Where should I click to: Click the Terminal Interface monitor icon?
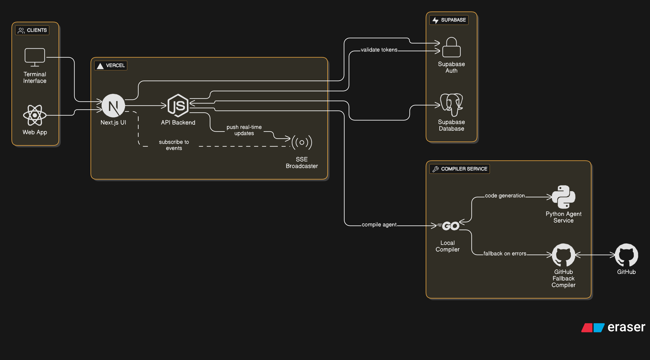[x=35, y=57]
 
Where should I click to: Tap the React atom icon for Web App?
[x=35, y=115]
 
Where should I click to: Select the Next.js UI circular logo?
[x=113, y=106]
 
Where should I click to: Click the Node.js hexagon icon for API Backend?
[x=178, y=106]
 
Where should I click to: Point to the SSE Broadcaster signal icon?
[x=302, y=142]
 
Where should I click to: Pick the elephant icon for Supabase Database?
[x=451, y=105]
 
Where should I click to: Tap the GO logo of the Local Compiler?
[x=450, y=226]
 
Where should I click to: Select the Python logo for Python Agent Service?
[x=563, y=197]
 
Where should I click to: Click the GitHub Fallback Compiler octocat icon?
[x=563, y=255]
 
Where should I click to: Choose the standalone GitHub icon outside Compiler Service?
[x=626, y=255]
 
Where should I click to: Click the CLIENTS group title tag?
[x=32, y=30]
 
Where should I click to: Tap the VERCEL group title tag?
[x=111, y=66]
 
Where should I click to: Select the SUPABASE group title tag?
[x=449, y=20]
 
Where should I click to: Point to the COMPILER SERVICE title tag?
[x=460, y=169]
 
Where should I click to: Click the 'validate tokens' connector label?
[x=379, y=50]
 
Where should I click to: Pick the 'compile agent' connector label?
[x=379, y=225]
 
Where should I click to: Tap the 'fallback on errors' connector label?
[x=505, y=254]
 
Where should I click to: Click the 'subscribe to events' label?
[x=174, y=145]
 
